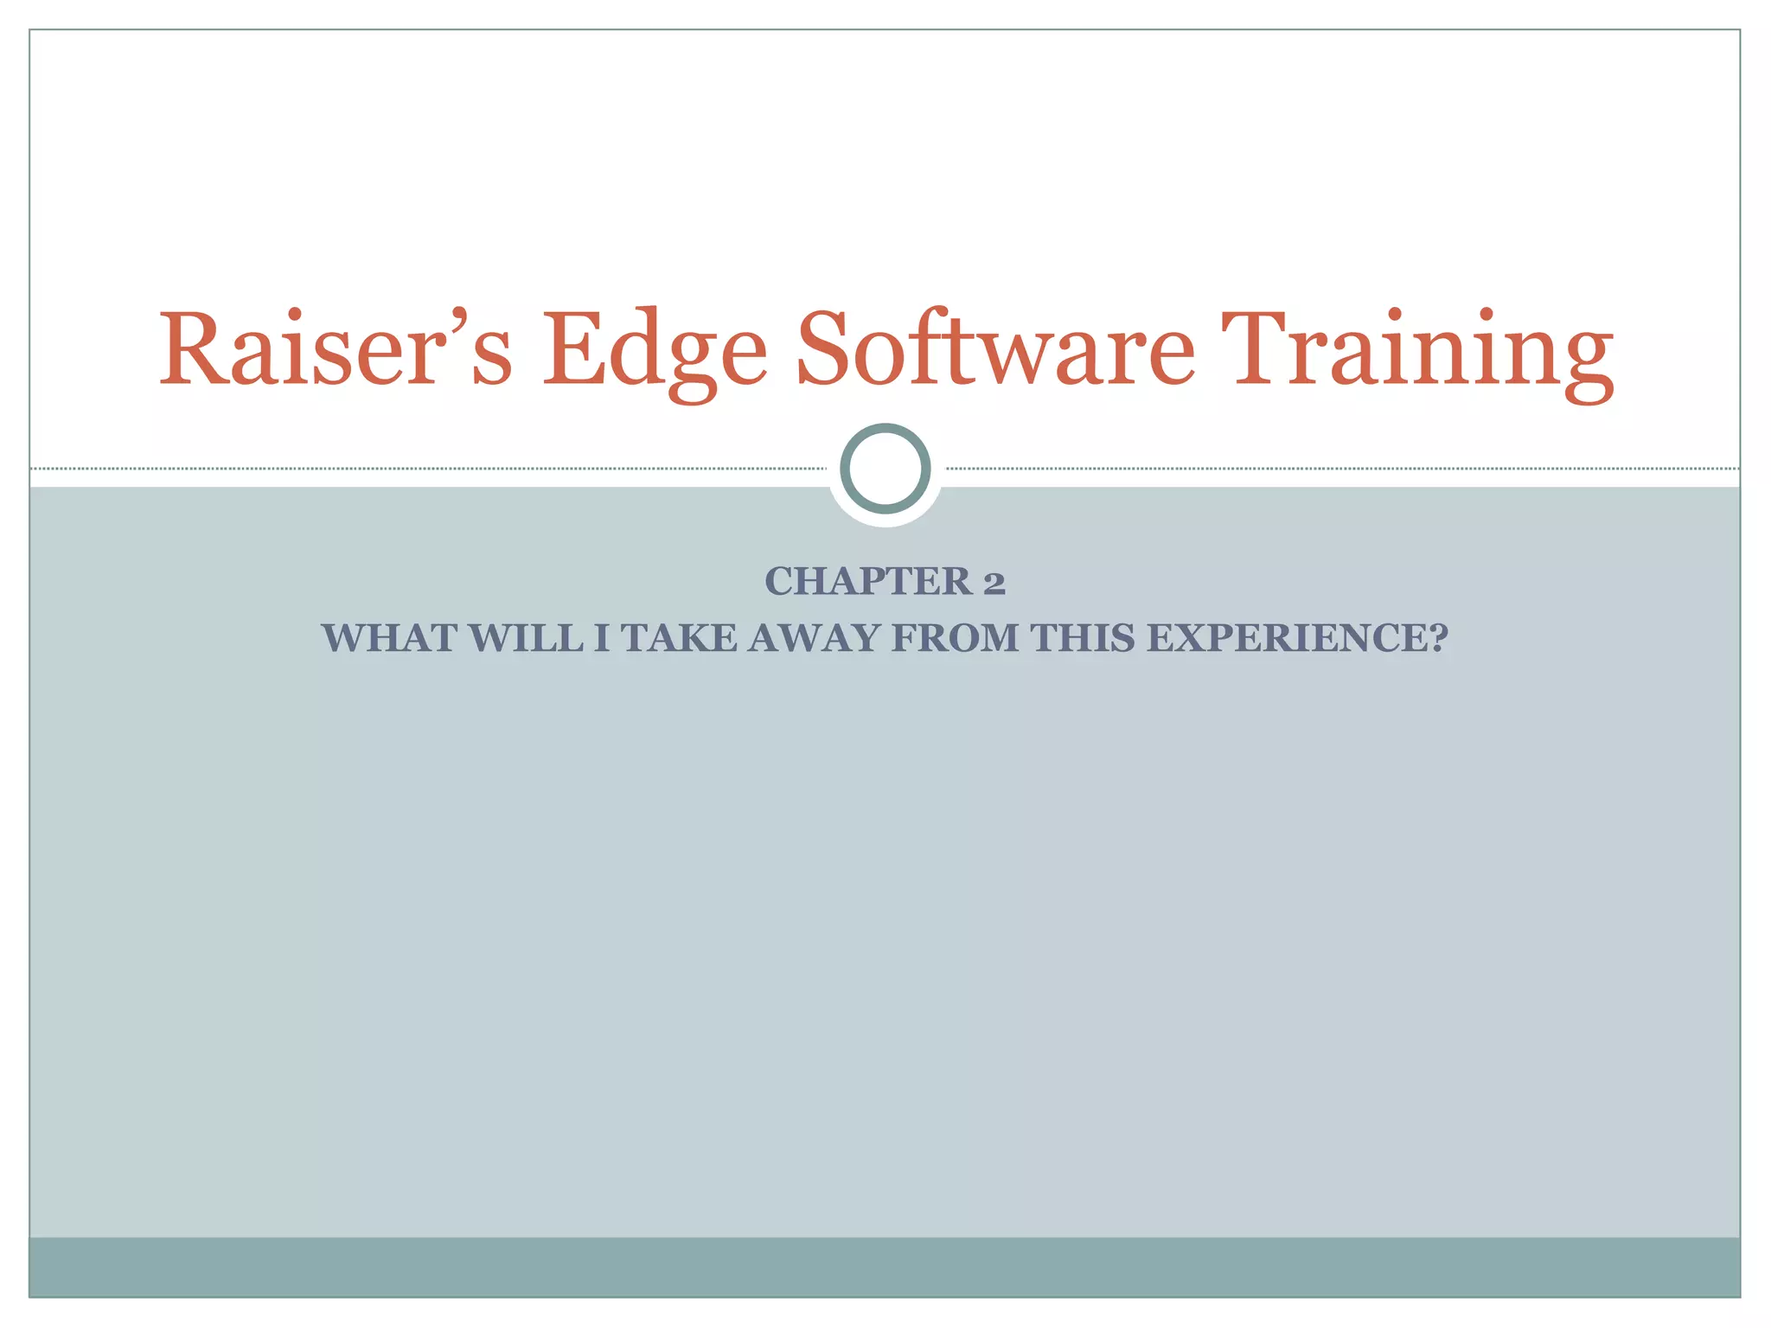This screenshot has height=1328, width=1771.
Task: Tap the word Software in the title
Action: point(995,350)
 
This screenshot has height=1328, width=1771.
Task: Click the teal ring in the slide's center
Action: point(885,469)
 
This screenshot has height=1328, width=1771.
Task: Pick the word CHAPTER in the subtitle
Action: point(868,582)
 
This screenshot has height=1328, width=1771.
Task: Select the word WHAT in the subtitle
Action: point(389,639)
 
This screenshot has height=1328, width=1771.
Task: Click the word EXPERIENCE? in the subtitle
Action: point(1297,639)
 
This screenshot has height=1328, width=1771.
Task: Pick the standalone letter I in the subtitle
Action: point(601,639)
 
